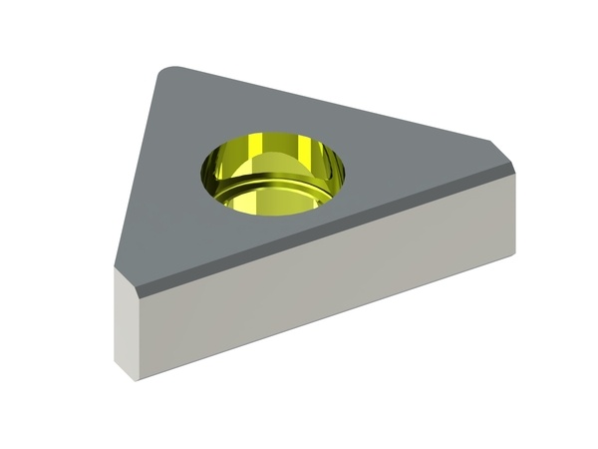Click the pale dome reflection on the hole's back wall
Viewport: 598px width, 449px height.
271,160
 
